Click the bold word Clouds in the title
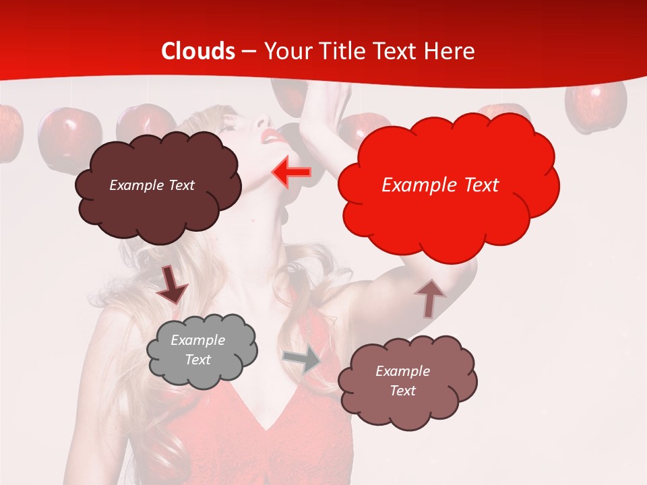coord(198,51)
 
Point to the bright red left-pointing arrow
coord(291,172)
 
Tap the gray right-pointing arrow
coord(301,360)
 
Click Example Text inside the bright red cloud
coord(440,185)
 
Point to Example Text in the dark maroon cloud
coord(152,185)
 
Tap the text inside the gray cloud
coord(197,350)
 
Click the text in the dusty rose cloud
coord(402,381)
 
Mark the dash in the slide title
coord(249,52)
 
